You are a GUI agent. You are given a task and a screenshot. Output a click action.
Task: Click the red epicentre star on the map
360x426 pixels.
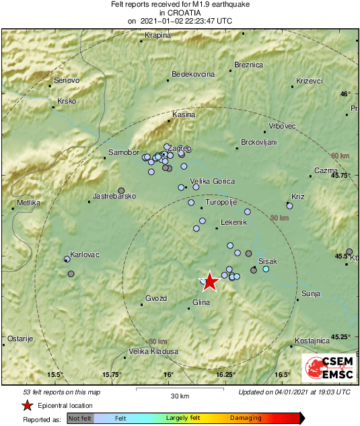[x=210, y=281]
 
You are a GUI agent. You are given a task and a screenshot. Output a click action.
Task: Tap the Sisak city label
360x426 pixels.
[x=268, y=260]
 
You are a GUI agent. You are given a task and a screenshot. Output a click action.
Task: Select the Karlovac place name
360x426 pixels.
[x=85, y=254]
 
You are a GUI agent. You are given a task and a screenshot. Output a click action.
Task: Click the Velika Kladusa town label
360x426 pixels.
[x=155, y=351]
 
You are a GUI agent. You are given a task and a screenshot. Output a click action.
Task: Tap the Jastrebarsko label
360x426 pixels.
[x=114, y=196]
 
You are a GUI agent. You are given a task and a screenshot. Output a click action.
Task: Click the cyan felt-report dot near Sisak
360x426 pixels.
[x=266, y=269]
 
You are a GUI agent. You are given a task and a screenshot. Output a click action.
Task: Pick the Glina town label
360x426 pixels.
[x=201, y=302]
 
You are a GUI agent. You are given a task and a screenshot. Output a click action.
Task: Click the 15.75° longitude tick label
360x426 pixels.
[x=112, y=374]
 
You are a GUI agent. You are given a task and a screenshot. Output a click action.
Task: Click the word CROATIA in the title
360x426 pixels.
[x=180, y=12]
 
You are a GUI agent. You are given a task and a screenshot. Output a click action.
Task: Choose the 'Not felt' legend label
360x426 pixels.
[x=81, y=418]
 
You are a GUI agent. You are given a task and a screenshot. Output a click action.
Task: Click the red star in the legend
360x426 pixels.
[x=27, y=405]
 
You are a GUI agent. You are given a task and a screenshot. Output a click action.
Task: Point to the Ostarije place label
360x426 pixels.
[x=20, y=339]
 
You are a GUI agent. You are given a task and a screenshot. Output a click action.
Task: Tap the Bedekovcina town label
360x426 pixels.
[x=193, y=73]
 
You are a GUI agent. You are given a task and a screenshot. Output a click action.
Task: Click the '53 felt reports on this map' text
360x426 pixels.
[x=61, y=392]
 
